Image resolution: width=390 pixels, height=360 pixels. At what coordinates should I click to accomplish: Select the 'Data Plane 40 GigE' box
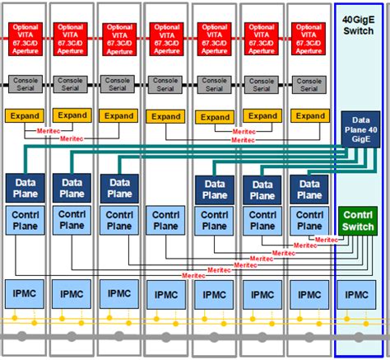pyautogui.click(x=360, y=130)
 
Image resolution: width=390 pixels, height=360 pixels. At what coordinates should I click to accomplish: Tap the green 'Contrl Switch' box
pyautogui.click(x=358, y=220)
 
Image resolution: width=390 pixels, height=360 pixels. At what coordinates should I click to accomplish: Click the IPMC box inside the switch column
pyautogui.click(x=358, y=294)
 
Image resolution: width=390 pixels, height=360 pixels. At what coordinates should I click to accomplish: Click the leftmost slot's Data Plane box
pyautogui.click(x=24, y=188)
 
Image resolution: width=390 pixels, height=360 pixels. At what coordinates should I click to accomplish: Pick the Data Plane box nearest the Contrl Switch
pyautogui.click(x=309, y=188)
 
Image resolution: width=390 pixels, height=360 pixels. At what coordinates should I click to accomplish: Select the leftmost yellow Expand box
pyautogui.click(x=24, y=116)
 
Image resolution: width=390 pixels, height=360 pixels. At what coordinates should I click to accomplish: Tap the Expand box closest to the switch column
pyautogui.click(x=309, y=116)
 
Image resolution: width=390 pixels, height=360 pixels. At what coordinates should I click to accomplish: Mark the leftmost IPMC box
pyautogui.click(x=24, y=294)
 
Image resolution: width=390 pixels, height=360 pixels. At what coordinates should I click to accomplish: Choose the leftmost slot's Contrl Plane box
pyautogui.click(x=24, y=219)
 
